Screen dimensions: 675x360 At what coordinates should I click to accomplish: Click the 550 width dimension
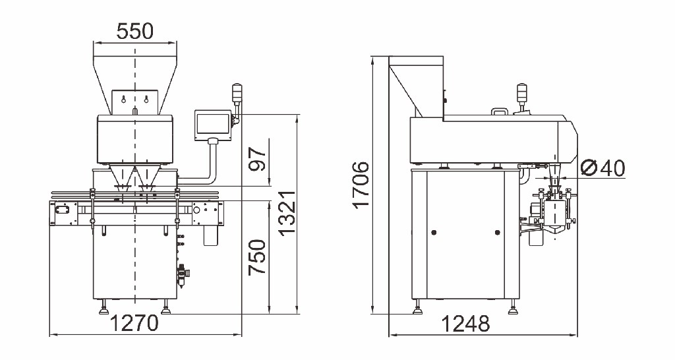[x=135, y=32]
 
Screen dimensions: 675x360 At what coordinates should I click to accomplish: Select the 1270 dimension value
[x=135, y=323]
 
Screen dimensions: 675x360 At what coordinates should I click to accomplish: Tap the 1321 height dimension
[x=287, y=214]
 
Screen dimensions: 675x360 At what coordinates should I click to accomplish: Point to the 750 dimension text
[x=258, y=258]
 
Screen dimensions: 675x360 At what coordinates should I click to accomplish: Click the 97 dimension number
[x=258, y=159]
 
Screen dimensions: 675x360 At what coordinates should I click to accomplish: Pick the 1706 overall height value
[x=361, y=185]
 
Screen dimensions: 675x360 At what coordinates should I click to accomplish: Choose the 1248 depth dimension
[x=466, y=324]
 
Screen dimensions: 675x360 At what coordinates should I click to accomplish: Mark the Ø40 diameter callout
[x=602, y=168]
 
